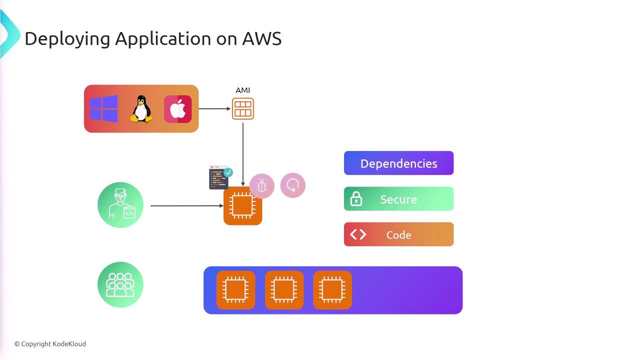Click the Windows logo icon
pyautogui.click(x=104, y=109)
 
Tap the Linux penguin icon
pyautogui.click(x=141, y=109)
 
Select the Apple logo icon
pyautogui.click(x=177, y=109)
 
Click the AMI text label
pyautogui.click(x=242, y=90)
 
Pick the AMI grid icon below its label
pyautogui.click(x=243, y=109)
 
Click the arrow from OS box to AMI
pyautogui.click(x=214, y=108)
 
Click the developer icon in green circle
pyautogui.click(x=120, y=205)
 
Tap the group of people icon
pyautogui.click(x=120, y=284)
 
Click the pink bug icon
pyautogui.click(x=261, y=186)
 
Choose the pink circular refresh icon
pyautogui.click(x=293, y=185)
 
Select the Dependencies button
pyautogui.click(x=398, y=163)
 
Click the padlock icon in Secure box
pyautogui.click(x=356, y=199)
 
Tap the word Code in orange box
pyautogui.click(x=398, y=235)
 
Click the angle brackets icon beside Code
pyautogui.click(x=358, y=234)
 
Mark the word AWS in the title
pyautogui.click(x=262, y=38)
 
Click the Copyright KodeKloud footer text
pyautogui.click(x=50, y=344)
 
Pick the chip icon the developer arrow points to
pyautogui.click(x=242, y=206)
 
